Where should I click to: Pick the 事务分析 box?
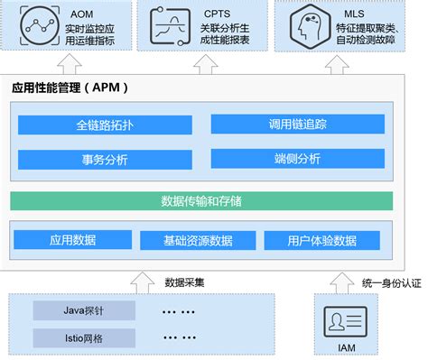[104, 160]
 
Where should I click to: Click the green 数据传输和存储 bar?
[201, 199]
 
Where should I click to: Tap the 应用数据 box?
[73, 240]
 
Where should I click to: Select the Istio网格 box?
[84, 338]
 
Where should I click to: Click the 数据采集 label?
[184, 282]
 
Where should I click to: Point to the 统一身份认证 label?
[391, 282]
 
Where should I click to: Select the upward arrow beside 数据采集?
[141, 281]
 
